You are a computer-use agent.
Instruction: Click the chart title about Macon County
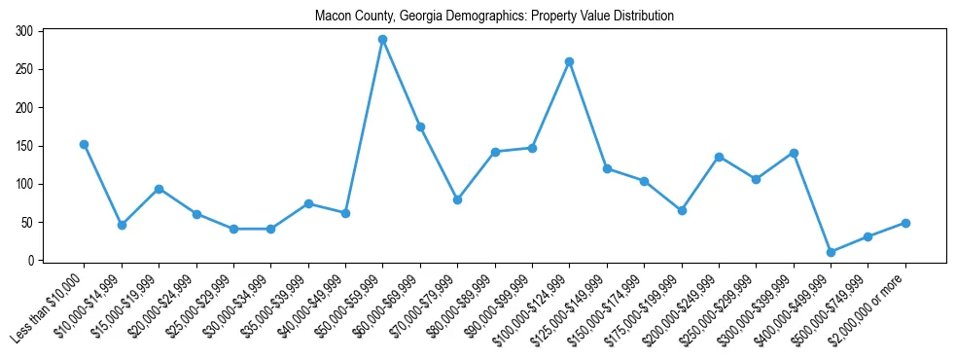pyautogui.click(x=494, y=17)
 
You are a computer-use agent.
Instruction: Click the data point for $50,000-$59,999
pyautogui.click(x=383, y=40)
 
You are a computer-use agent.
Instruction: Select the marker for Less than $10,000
pyautogui.click(x=84, y=144)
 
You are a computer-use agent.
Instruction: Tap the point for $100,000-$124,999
pyautogui.click(x=570, y=61)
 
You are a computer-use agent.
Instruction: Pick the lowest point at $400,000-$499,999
pyautogui.click(x=831, y=252)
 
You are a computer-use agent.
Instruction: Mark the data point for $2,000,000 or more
pyautogui.click(x=905, y=223)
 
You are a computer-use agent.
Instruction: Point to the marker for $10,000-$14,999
pyautogui.click(x=122, y=225)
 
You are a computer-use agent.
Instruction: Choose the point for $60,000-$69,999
pyautogui.click(x=420, y=126)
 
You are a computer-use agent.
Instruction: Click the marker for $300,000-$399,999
pyautogui.click(x=794, y=153)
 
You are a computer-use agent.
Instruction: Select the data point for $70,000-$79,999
pyautogui.click(x=457, y=199)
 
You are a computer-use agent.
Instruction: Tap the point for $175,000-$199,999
pyautogui.click(x=682, y=210)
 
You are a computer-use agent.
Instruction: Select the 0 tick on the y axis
pyautogui.click(x=38, y=261)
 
